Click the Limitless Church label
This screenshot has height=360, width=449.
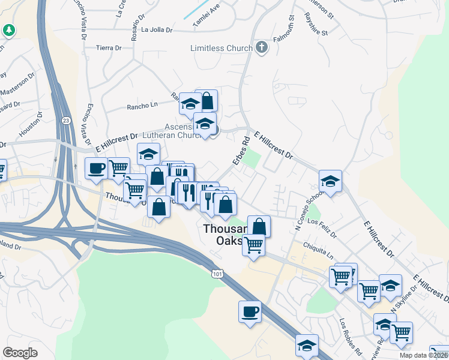[221, 48]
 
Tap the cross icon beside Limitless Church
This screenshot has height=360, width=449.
[261, 47]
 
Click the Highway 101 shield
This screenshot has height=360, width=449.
[217, 273]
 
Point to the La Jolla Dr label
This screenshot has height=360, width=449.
[157, 29]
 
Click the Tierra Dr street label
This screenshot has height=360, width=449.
[109, 47]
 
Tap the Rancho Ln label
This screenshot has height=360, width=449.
[142, 106]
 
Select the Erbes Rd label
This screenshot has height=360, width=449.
[241, 152]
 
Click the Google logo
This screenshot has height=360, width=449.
[20, 352]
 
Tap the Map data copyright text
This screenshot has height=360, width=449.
[424, 355]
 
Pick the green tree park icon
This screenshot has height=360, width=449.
[9, 29]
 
